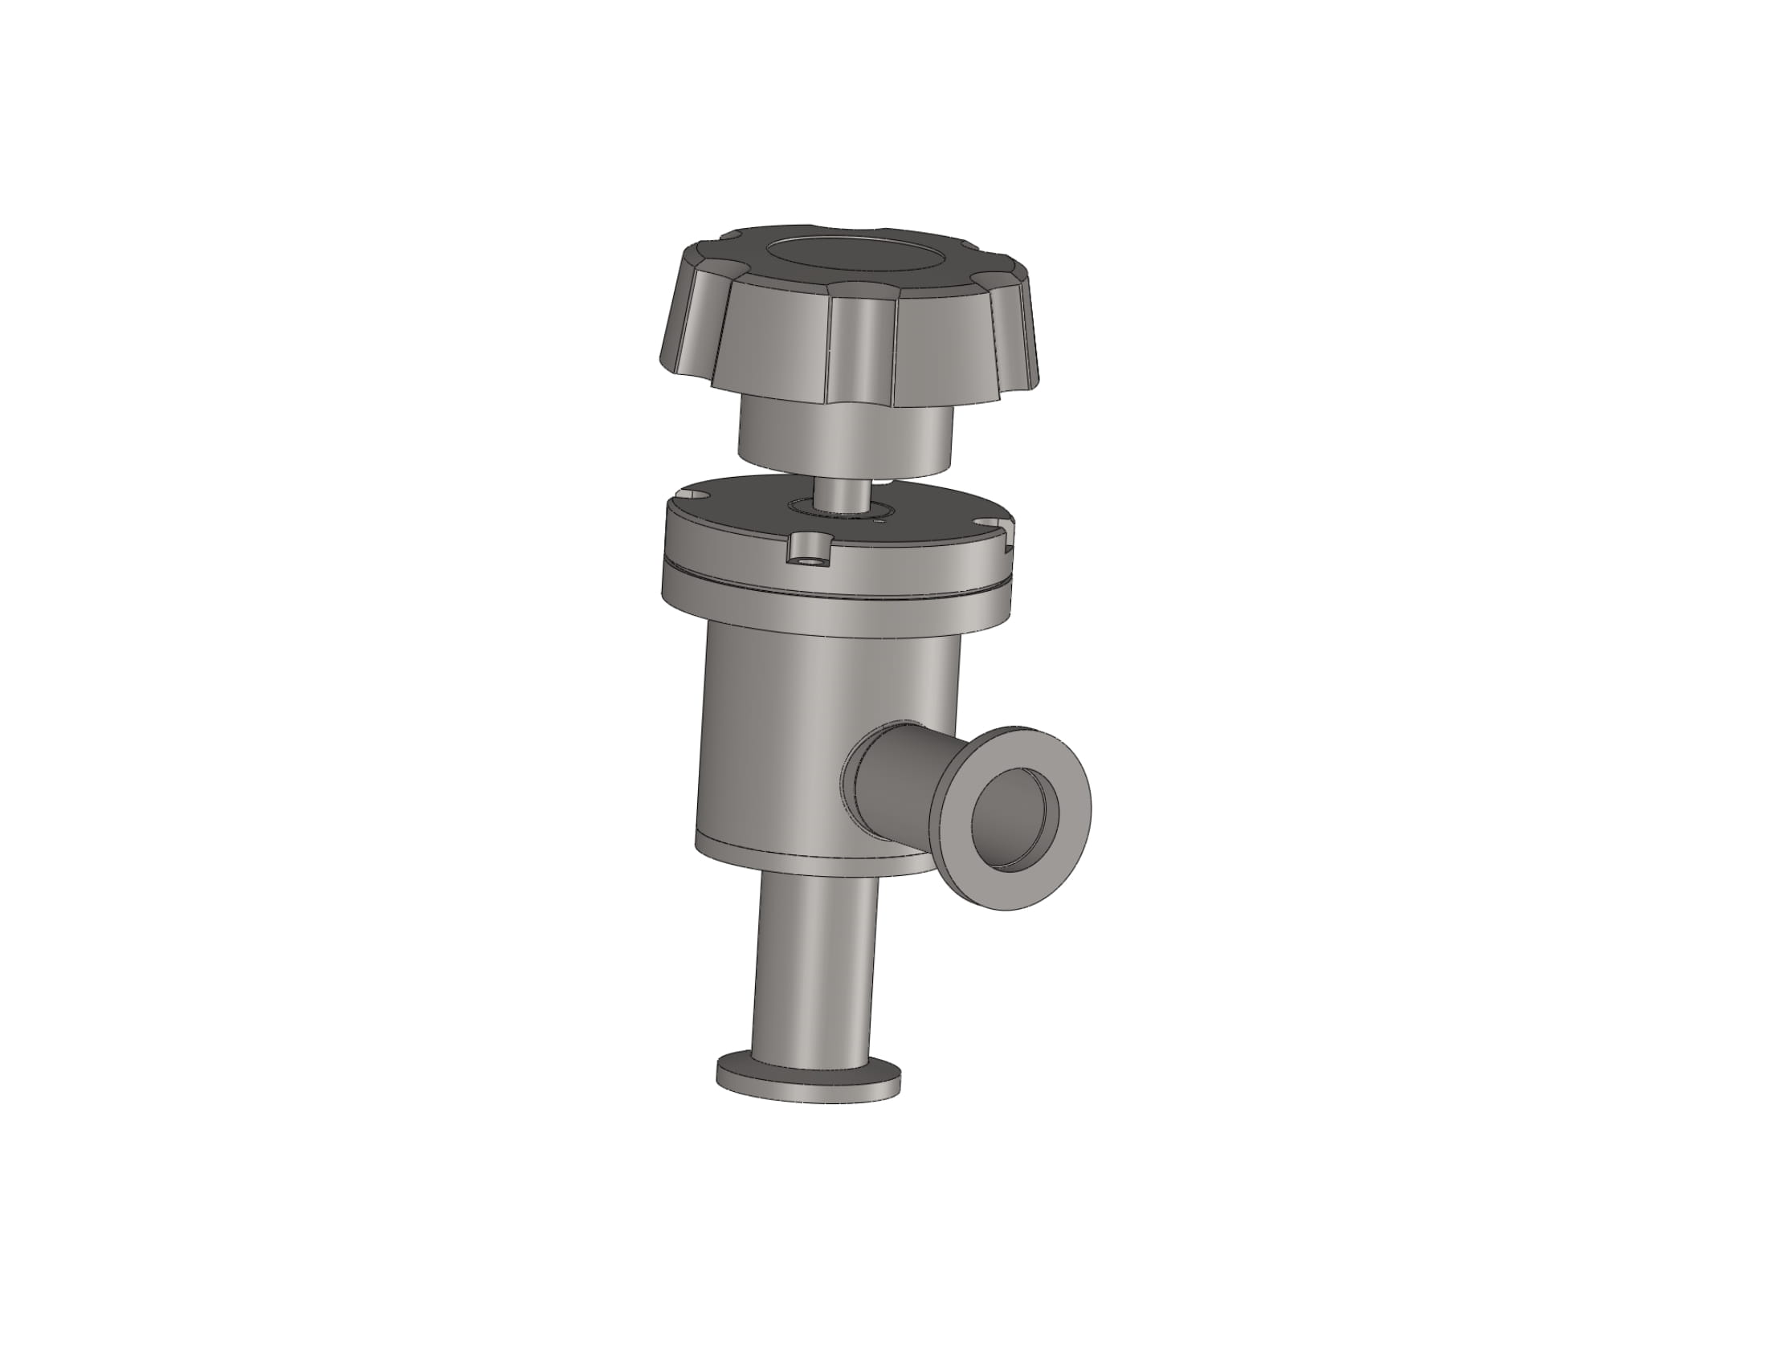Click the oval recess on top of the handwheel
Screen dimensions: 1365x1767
point(855,261)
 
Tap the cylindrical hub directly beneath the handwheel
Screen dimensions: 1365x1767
point(846,441)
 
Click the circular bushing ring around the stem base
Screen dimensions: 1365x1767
point(842,510)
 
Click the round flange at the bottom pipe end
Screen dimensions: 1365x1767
point(808,1080)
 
